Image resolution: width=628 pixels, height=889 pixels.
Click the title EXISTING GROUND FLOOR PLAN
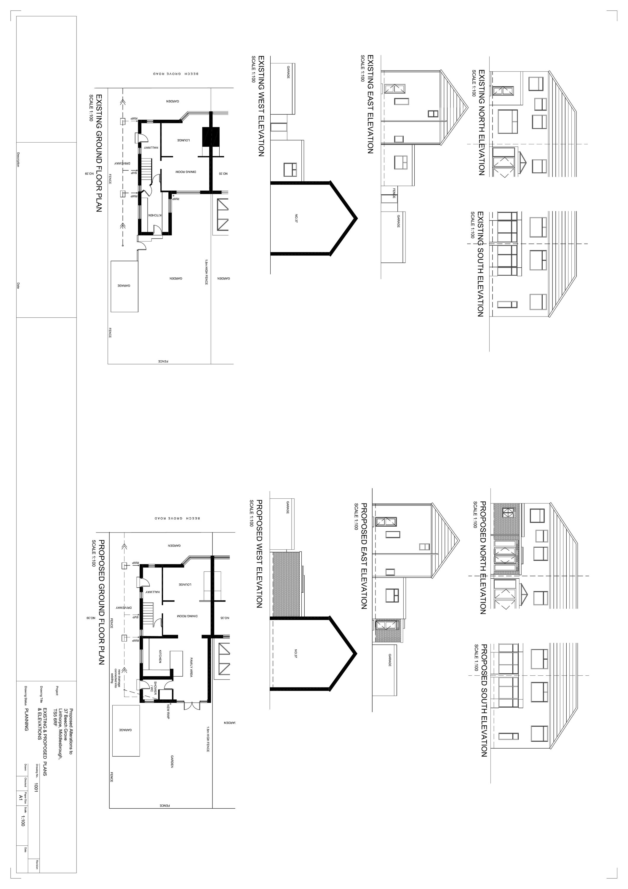[x=98, y=153]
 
